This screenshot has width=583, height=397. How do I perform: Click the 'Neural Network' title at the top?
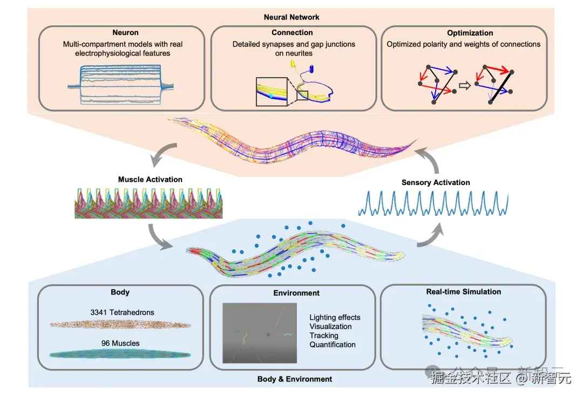[x=291, y=17]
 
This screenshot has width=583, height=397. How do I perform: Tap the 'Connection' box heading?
[x=292, y=32]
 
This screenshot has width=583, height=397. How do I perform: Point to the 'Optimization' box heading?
[x=470, y=33]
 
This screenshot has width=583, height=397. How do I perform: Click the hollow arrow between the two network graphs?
[x=463, y=85]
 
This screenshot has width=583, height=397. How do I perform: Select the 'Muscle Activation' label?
[x=150, y=179]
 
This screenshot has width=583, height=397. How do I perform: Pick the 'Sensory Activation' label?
[x=436, y=182]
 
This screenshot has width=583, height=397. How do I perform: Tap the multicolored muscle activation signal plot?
[x=148, y=203]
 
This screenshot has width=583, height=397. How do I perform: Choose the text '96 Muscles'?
[x=120, y=343]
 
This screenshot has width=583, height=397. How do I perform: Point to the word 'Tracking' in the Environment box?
[x=324, y=336]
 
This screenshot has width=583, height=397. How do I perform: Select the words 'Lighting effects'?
[x=335, y=317]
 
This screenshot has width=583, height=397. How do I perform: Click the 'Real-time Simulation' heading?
[x=463, y=292]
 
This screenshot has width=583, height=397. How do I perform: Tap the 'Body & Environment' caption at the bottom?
[x=295, y=379]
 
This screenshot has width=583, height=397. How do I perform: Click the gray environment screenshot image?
[x=260, y=332]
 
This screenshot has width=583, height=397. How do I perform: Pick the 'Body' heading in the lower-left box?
[x=120, y=292]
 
